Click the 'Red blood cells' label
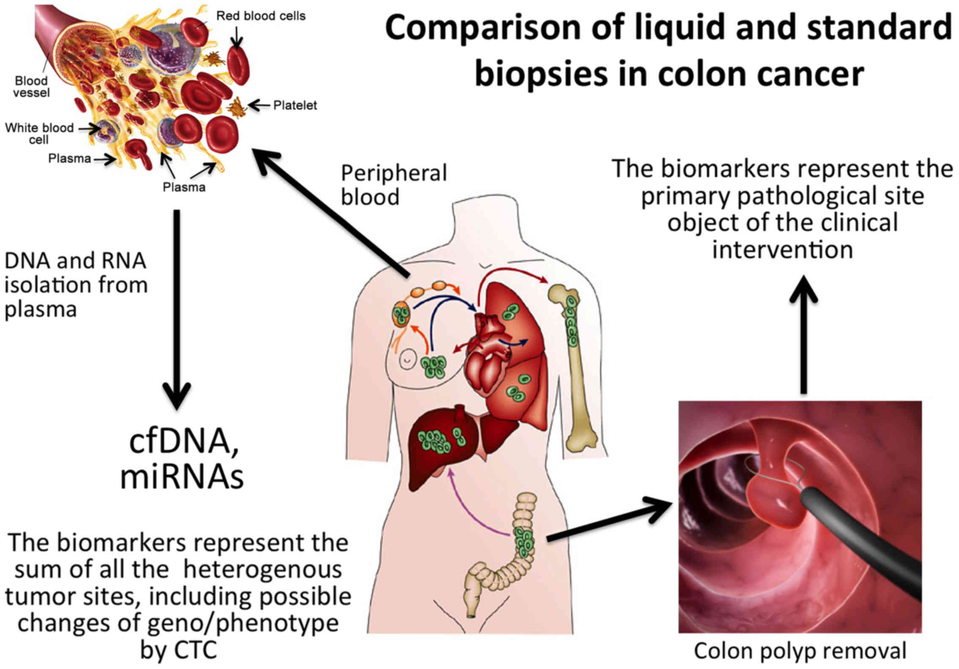tap(260, 16)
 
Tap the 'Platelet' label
tap(295, 105)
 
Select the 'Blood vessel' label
tap(31, 86)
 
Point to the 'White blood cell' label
tap(39, 133)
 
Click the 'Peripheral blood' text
tap(393, 185)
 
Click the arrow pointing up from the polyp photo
tap(803, 334)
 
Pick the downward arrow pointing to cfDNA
tap(177, 309)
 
